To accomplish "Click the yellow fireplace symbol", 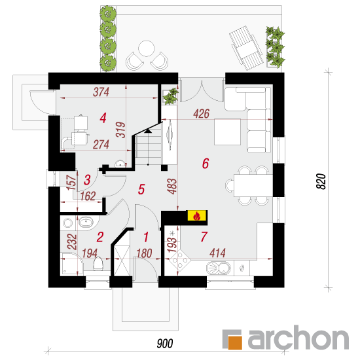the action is tap(197, 215).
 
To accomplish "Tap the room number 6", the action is tap(206, 164).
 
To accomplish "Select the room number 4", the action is tap(103, 118).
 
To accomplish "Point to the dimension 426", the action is tap(201, 114).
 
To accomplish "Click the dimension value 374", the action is tap(101, 92).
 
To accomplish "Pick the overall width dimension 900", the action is tap(165, 344).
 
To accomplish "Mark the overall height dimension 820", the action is tap(321, 181).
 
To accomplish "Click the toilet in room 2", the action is tap(98, 264).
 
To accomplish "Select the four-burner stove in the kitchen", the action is tap(180, 260).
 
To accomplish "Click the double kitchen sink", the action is tap(219, 268).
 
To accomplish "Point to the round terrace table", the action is tap(146, 48).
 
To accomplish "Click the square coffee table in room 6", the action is tap(228, 132).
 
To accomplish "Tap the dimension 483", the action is tap(172, 186).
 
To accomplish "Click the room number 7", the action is tap(204, 237).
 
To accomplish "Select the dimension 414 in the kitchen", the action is tap(217, 253).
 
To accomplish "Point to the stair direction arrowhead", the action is tap(148, 131).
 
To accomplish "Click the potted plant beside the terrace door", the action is tap(170, 96).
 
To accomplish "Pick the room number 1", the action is tap(146, 237).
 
